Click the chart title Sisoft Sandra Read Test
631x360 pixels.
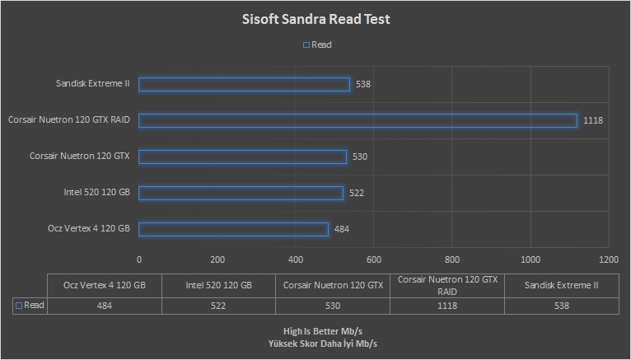(315, 18)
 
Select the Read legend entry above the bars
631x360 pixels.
(317, 45)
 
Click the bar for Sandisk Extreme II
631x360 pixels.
(245, 84)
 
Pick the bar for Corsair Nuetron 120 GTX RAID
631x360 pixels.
(358, 120)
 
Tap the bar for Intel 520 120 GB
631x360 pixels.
(241, 193)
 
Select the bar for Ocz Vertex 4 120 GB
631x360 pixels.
(233, 229)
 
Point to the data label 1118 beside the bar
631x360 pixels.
(593, 120)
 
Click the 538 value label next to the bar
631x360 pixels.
(363, 84)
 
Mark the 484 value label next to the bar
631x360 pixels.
(342, 229)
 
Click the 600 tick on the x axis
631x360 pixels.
(374, 259)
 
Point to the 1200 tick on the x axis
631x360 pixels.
(609, 259)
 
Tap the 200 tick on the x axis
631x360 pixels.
(217, 259)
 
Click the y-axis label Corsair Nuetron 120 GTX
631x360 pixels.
(80, 156)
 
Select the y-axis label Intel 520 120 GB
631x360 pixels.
(96, 193)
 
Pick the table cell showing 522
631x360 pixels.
(219, 306)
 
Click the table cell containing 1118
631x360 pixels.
(446, 306)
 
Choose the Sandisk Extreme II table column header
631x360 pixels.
(561, 285)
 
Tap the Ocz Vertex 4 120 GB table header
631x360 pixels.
(105, 285)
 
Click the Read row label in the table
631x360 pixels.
(30, 306)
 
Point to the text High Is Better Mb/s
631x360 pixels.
(315, 331)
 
